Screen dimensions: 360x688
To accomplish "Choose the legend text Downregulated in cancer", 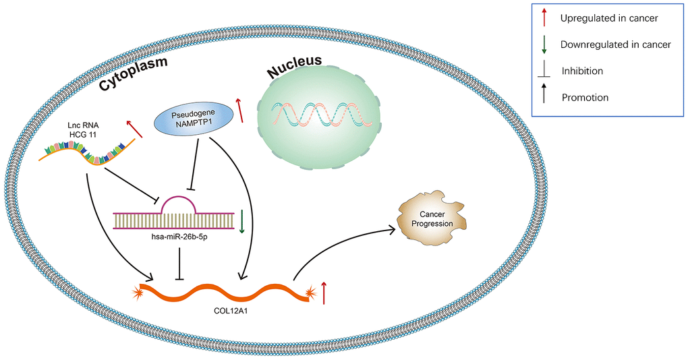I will [x=615, y=44].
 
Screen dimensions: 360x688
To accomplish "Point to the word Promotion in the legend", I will [x=585, y=97].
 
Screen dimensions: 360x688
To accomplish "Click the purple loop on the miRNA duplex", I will [x=178, y=204].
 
